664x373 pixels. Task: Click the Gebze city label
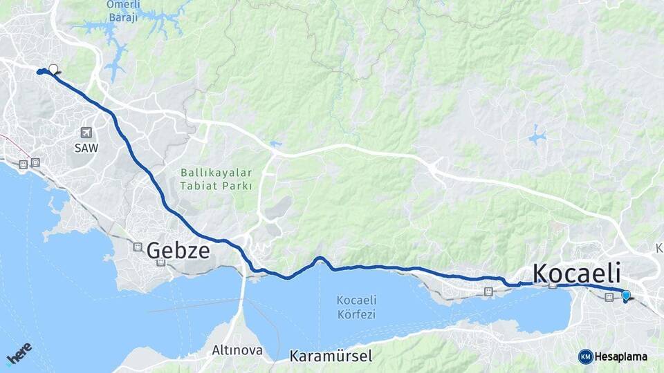[x=178, y=250]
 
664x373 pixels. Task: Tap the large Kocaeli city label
[x=576, y=273]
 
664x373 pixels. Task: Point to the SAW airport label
[x=86, y=148]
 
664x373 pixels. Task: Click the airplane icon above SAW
[x=86, y=133]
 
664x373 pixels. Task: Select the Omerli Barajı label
[x=122, y=11]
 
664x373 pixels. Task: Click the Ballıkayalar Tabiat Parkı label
[x=216, y=178]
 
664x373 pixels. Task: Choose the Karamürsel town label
[x=331, y=356]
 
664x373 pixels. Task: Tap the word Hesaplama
[x=620, y=356]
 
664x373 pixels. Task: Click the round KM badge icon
[x=585, y=356]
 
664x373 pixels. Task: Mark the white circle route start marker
[x=53, y=69]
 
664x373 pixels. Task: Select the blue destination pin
[x=626, y=296]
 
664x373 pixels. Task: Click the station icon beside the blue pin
[x=609, y=297]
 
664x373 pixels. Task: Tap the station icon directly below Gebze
[x=160, y=262]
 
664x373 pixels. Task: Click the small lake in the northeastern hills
[x=537, y=137]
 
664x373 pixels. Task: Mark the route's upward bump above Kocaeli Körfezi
[x=320, y=260]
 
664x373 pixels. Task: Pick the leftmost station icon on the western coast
[x=24, y=164]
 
